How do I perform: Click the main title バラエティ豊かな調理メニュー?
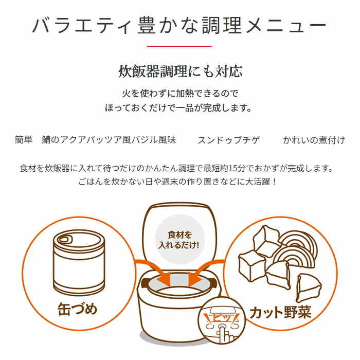(179, 25)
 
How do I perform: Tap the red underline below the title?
(179, 46)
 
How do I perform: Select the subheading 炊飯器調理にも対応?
(181, 71)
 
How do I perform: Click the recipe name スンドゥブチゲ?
(229, 140)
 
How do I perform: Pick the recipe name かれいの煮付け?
(314, 140)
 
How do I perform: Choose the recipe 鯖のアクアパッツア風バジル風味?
(109, 140)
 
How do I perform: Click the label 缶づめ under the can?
(78, 309)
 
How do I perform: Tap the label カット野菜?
(280, 313)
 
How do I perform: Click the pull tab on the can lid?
(64, 240)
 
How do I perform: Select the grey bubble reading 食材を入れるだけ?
(179, 239)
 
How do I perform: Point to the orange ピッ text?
(222, 318)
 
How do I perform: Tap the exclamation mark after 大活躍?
(274, 182)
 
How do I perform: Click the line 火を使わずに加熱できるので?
(180, 94)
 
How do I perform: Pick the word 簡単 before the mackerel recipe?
(24, 140)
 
